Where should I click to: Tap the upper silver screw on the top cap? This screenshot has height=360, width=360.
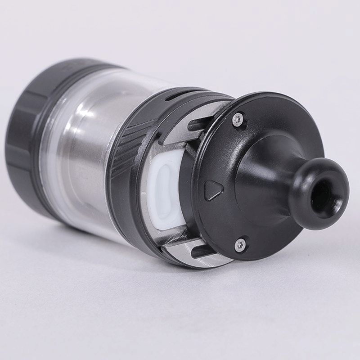pos(239,118)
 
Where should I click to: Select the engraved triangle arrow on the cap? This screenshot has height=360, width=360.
pos(212,190)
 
